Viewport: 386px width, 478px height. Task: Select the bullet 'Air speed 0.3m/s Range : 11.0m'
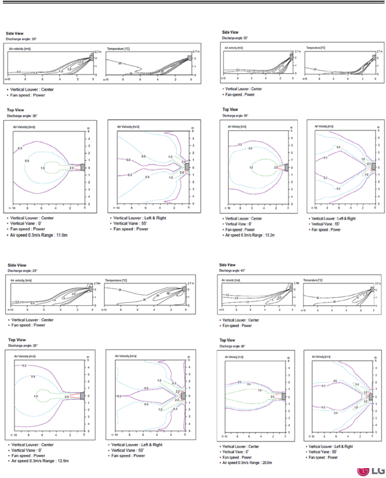click(39, 235)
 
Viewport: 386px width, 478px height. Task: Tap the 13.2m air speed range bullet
click(250, 235)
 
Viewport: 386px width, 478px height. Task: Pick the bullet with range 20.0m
click(247, 462)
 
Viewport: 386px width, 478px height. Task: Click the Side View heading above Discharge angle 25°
click(17, 265)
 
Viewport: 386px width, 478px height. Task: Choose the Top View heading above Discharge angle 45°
click(227, 340)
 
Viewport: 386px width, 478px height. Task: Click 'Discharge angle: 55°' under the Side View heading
click(235, 38)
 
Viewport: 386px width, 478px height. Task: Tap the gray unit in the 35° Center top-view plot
click(83, 167)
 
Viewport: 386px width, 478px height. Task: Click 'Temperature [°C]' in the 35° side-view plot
click(118, 49)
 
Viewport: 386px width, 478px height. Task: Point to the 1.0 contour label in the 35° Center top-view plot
click(43, 168)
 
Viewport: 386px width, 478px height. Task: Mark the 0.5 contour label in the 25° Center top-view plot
click(33, 377)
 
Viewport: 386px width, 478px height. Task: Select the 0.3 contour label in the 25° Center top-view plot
click(24, 366)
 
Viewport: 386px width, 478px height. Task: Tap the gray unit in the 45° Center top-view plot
click(283, 397)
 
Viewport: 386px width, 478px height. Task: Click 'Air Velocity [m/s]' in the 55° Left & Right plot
click(324, 126)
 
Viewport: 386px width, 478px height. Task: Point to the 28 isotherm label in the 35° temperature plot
click(120, 63)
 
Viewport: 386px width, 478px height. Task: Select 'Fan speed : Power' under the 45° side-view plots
click(237, 326)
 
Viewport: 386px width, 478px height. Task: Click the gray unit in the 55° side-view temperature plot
click(374, 57)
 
